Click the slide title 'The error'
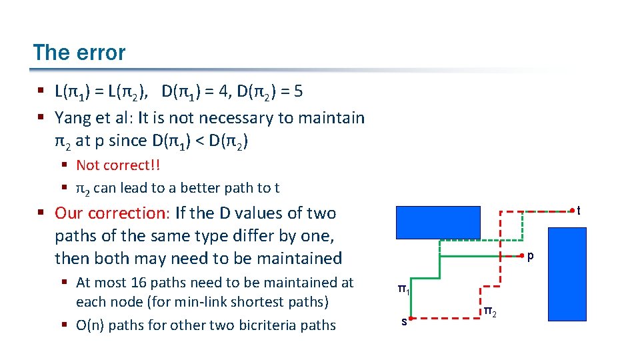pyautogui.click(x=79, y=53)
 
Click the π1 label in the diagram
pyautogui.click(x=403, y=289)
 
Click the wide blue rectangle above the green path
pyautogui.click(x=437, y=222)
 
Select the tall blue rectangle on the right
pyautogui.click(x=567, y=274)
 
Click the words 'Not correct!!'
pyautogui.click(x=118, y=165)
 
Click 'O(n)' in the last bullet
pyautogui.click(x=90, y=325)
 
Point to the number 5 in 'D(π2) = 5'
pyautogui.click(x=298, y=91)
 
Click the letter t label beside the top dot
pyautogui.click(x=579, y=211)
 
